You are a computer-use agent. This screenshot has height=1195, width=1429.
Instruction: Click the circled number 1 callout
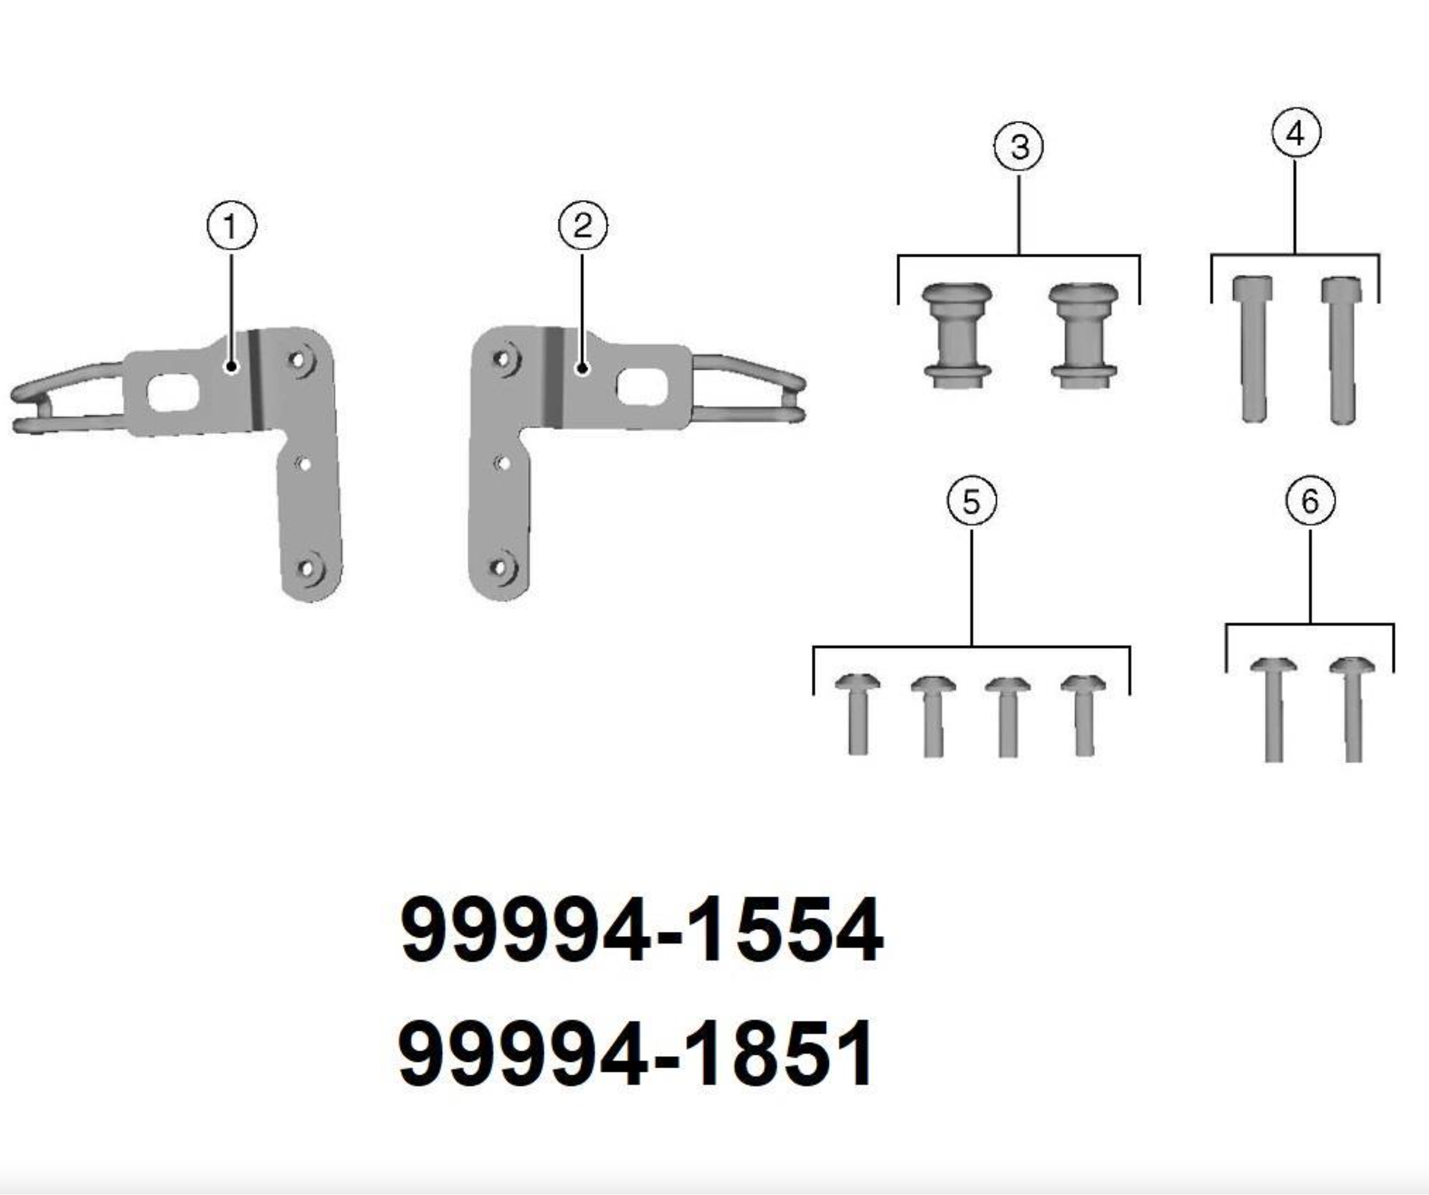232,227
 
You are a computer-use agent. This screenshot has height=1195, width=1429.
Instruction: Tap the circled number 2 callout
583,226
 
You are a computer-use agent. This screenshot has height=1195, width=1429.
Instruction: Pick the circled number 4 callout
1296,133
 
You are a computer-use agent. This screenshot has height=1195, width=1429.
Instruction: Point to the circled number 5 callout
971,502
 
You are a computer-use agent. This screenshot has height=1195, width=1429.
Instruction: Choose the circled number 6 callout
1310,502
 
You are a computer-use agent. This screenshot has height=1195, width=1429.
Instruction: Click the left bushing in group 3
957,335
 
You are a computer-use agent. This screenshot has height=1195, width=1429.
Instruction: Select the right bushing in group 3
1083,335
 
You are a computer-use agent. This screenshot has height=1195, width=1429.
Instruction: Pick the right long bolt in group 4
1342,349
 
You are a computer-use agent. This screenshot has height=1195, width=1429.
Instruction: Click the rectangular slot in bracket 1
173,394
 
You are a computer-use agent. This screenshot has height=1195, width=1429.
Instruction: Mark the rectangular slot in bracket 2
641,386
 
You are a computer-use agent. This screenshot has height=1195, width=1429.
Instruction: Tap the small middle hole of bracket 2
503,464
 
